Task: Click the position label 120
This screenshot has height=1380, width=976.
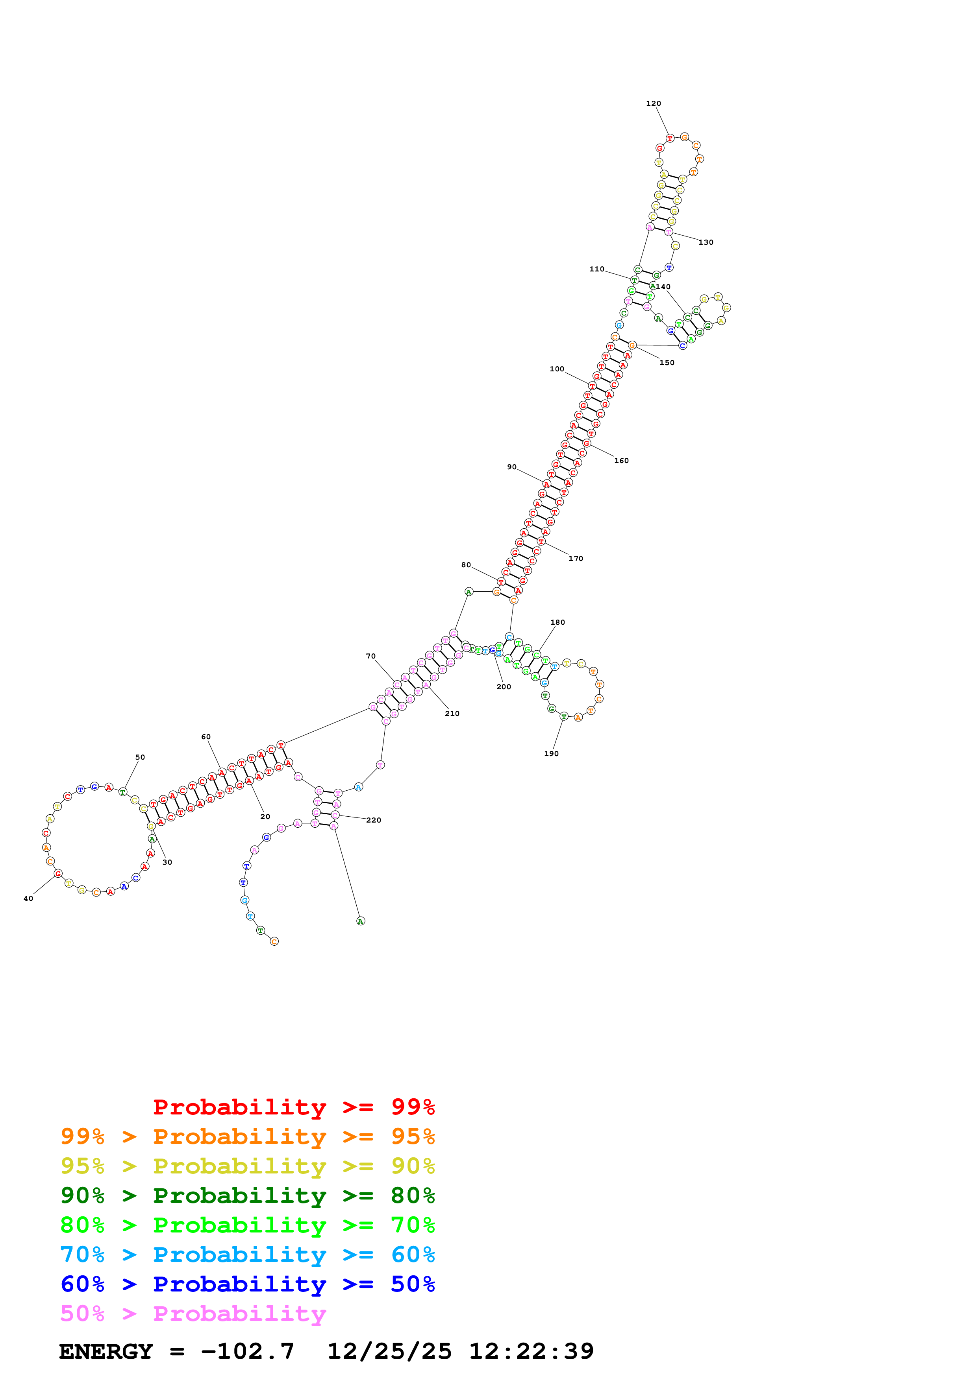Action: click(653, 103)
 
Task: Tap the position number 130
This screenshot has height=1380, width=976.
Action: click(706, 242)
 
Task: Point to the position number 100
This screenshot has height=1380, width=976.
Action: click(556, 369)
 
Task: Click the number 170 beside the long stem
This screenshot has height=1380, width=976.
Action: click(576, 558)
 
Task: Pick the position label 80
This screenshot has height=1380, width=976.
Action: click(466, 565)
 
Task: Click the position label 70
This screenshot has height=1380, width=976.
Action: click(370, 656)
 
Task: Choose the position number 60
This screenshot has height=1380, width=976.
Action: click(206, 737)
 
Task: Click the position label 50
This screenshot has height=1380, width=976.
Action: click(140, 757)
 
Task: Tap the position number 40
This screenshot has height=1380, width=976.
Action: click(28, 898)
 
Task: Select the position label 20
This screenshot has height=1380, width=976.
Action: click(265, 817)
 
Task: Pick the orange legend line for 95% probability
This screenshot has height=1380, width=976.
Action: click(247, 1136)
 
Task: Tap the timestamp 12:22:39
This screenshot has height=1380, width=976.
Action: click(531, 1352)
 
